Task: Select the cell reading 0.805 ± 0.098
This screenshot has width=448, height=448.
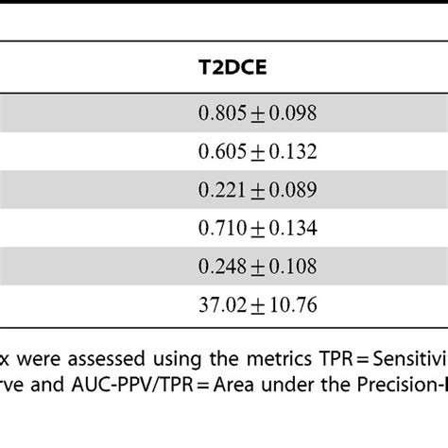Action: tap(257, 113)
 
